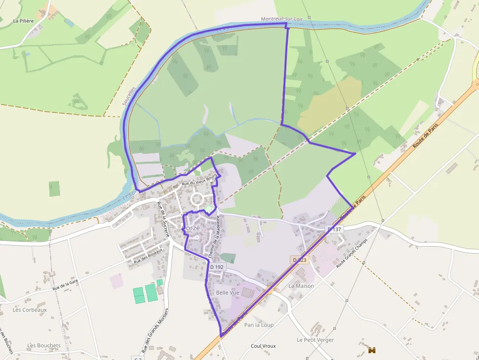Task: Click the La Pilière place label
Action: coord(23,21)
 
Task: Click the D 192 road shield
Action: coord(217,267)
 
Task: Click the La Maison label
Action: coord(301,286)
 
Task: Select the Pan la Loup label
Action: coord(259,325)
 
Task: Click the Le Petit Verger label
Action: coord(315,339)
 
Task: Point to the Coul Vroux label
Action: coord(263,346)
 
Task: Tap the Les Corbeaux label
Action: coord(30,310)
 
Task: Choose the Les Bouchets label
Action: coord(44,345)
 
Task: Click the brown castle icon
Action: coord(372,350)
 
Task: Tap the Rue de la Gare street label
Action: coord(65,285)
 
